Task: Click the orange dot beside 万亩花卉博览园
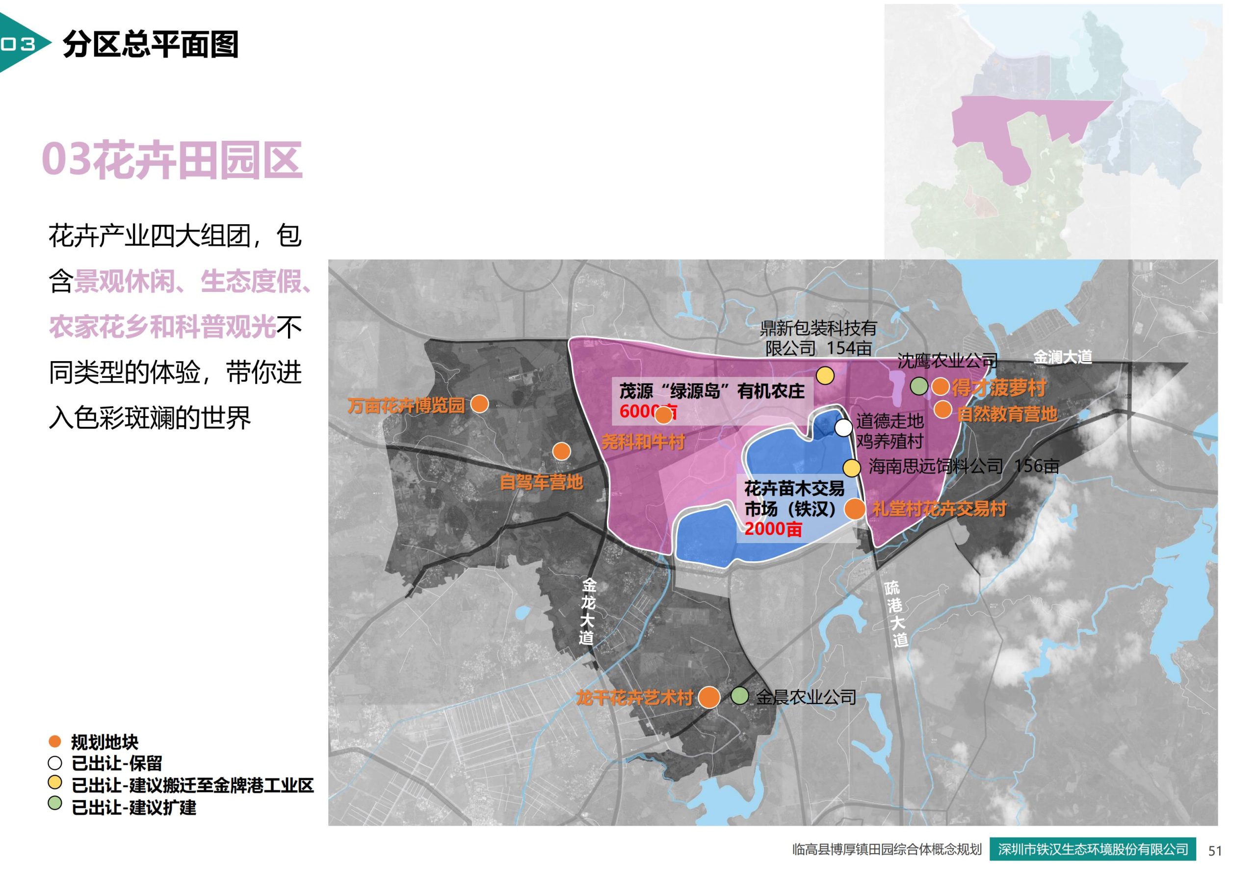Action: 479,404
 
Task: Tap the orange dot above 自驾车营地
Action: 561,451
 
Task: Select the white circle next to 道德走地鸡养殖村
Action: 843,427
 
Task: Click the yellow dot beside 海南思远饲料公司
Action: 851,468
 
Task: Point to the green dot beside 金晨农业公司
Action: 739,696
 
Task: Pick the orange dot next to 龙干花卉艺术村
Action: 709,698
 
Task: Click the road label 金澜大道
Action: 1062,357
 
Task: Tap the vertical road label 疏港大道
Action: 895,615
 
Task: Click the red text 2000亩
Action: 773,529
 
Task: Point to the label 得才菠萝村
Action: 998,388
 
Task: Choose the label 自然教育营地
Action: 1007,414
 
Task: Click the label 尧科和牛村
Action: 643,442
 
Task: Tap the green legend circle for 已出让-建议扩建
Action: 54,804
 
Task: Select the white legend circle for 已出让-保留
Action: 54,762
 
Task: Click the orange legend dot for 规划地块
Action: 54,742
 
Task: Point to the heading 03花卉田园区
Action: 172,160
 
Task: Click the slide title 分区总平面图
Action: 151,44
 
